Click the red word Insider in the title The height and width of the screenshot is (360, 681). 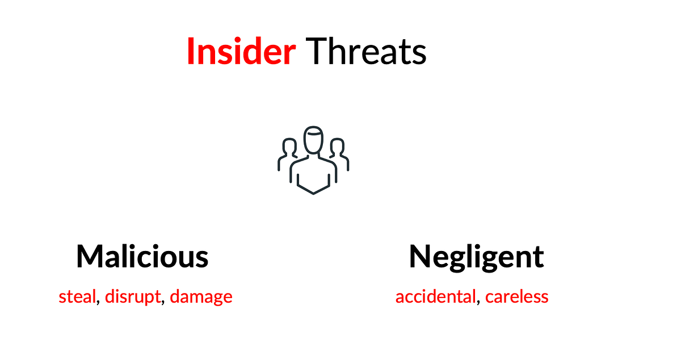pyautogui.click(x=241, y=51)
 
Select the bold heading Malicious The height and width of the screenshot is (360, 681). pyautogui.click(x=142, y=257)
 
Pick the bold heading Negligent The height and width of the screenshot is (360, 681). pyautogui.click(x=476, y=257)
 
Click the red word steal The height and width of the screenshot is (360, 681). pyautogui.click(x=77, y=296)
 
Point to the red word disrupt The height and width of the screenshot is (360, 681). pyautogui.click(x=132, y=296)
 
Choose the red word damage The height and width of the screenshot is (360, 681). pyautogui.click(x=201, y=297)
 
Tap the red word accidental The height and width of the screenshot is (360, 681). pyautogui.click(x=435, y=296)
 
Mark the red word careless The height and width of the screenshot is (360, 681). pyautogui.click(x=516, y=296)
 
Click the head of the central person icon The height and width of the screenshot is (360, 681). pyautogui.click(x=313, y=140)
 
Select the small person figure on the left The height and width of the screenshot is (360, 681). pyautogui.click(x=288, y=152)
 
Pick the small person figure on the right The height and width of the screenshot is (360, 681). pyautogui.click(x=338, y=152)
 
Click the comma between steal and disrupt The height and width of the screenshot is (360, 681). pyautogui.click(x=98, y=302)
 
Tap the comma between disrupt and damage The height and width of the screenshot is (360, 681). pyautogui.click(x=163, y=302)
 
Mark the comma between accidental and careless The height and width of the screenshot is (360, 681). pyautogui.click(x=478, y=302)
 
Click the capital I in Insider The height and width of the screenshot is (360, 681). pyautogui.click(x=190, y=51)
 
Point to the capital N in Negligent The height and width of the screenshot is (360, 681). pyautogui.click(x=420, y=257)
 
